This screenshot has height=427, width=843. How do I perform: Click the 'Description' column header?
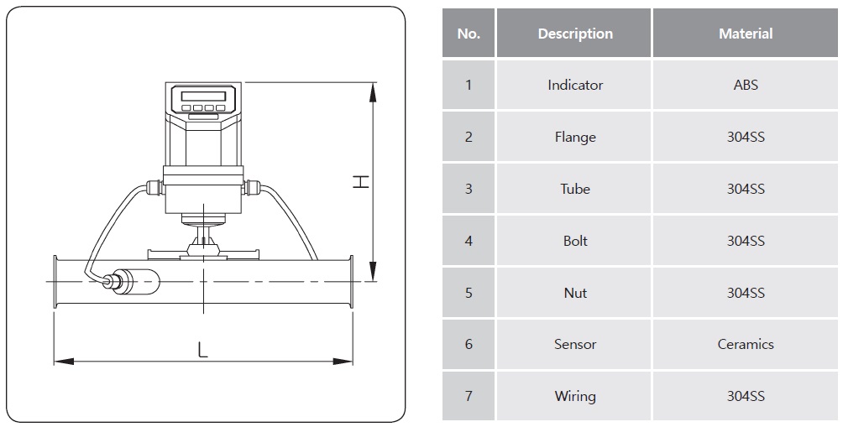tap(575, 34)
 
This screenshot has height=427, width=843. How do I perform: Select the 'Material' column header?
tap(746, 34)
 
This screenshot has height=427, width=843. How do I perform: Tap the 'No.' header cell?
tap(469, 34)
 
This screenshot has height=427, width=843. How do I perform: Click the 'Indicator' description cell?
tap(575, 85)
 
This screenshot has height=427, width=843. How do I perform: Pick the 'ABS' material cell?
tap(746, 85)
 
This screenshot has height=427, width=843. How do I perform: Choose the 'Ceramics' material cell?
tap(746, 344)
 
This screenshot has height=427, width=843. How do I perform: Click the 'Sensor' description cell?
tap(575, 344)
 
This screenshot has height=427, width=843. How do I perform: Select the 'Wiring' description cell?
tap(575, 396)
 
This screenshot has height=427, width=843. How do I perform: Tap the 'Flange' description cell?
tap(575, 137)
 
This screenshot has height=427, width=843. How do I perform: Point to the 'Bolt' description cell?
tap(575, 241)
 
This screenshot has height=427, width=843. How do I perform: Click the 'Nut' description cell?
tap(575, 293)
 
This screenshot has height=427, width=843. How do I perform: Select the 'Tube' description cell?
tap(575, 189)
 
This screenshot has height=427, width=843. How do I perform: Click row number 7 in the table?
tap(469, 396)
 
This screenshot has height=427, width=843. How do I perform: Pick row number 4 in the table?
tap(469, 241)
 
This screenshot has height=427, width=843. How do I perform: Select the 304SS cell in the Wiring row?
tap(746, 396)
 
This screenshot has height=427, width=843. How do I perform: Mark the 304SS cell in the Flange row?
tap(746, 137)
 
